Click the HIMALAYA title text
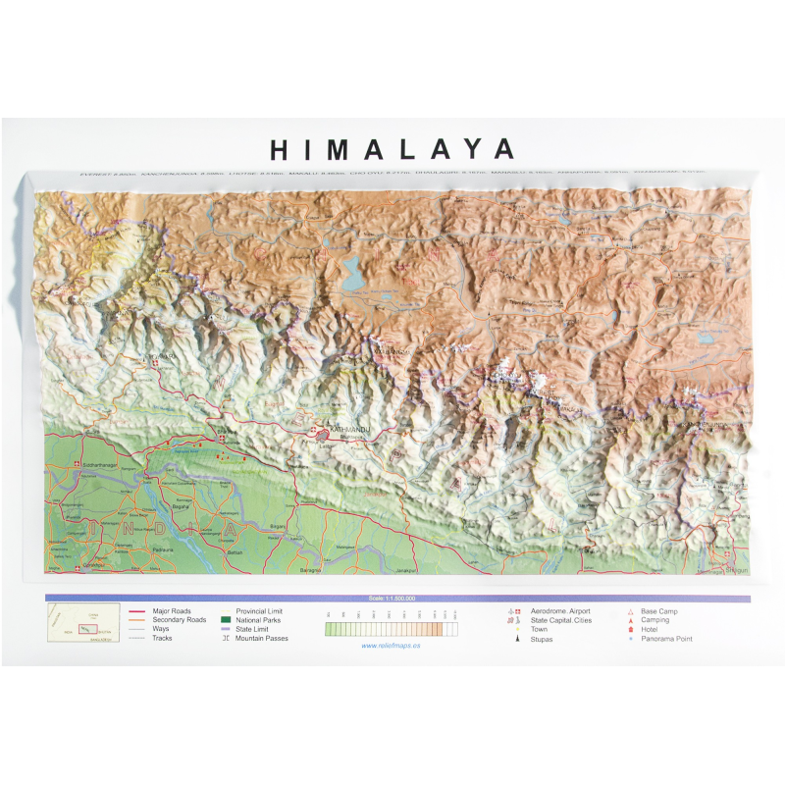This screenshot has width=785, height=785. (392, 149)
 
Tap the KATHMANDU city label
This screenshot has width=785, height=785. (352, 430)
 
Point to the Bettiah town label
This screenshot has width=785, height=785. (235, 555)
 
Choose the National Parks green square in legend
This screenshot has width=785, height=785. (226, 620)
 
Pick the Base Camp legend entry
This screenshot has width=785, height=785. (660, 611)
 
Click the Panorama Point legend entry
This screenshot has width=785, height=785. (668, 639)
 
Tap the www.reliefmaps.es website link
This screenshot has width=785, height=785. (392, 645)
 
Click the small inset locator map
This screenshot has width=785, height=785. (83, 623)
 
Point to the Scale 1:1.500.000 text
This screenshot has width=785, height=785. (392, 598)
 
